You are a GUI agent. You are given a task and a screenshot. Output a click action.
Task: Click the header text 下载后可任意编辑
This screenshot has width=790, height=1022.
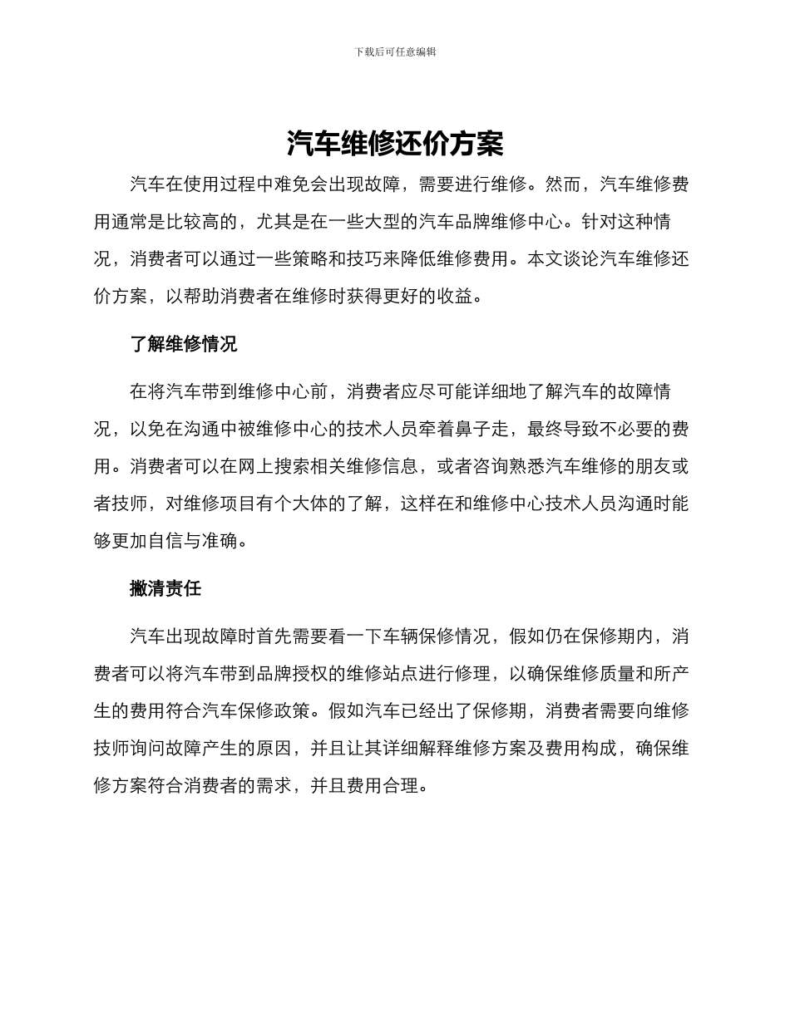click(395, 52)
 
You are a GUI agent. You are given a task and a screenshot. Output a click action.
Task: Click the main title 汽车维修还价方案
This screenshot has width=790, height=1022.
click(395, 145)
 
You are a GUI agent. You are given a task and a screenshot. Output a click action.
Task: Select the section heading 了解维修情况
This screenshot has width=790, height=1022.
click(183, 344)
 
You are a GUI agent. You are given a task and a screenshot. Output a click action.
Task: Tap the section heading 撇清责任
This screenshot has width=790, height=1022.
click(165, 588)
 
